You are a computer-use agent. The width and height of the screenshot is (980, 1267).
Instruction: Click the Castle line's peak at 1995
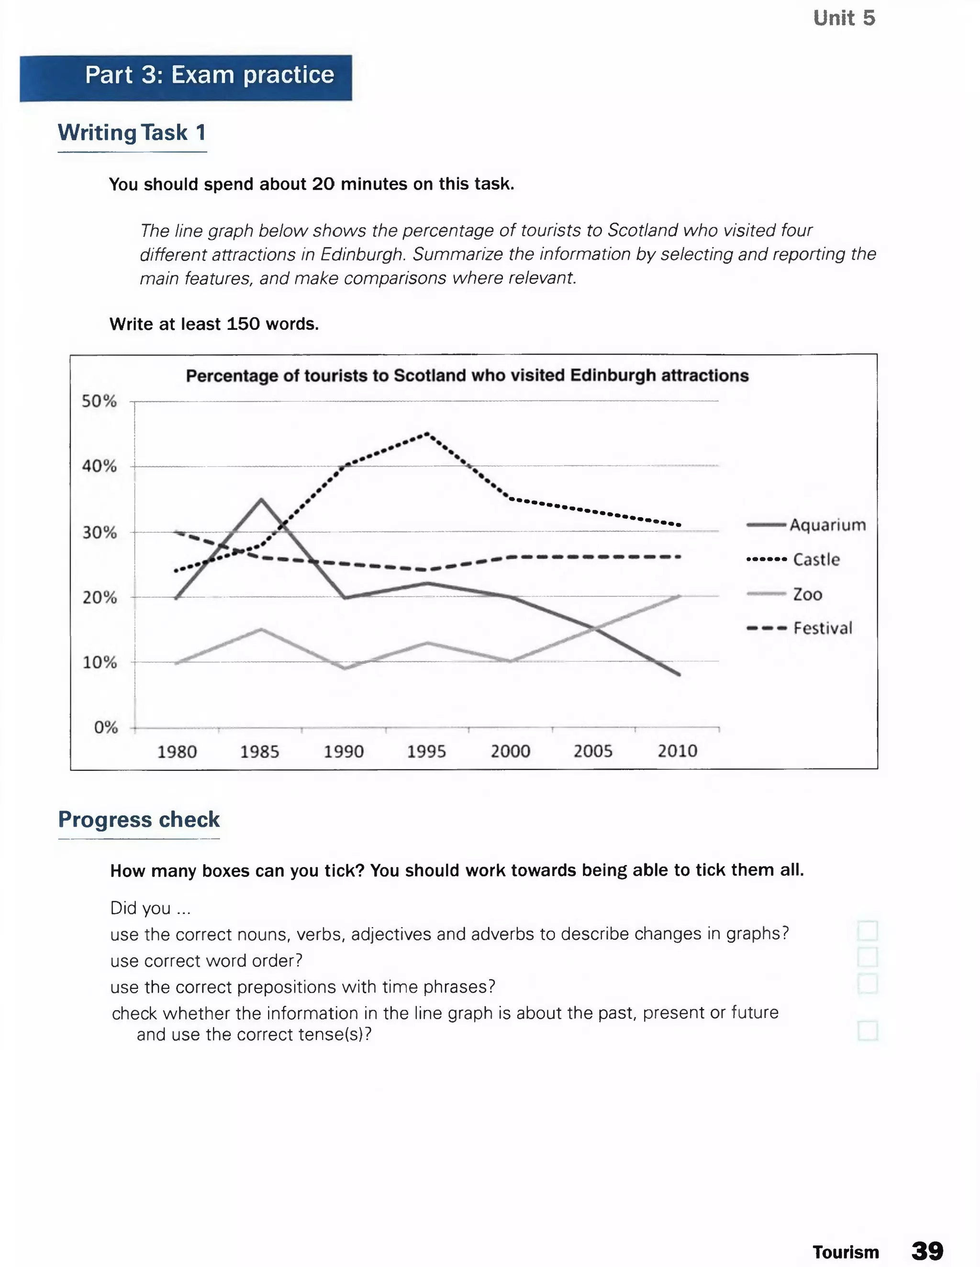coord(427,433)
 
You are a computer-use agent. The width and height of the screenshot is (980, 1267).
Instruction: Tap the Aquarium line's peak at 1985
coord(262,499)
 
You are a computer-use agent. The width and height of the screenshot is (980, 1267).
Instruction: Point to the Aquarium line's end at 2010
coord(679,675)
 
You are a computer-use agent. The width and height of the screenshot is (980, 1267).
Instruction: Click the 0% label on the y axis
coord(106,727)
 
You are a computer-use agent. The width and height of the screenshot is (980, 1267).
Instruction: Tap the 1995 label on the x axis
coord(426,751)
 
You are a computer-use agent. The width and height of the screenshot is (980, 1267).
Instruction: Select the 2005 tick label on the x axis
coord(592,751)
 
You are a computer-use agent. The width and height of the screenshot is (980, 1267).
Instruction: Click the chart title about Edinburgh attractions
coord(467,375)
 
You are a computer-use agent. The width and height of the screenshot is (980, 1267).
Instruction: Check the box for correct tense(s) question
coord(867,1030)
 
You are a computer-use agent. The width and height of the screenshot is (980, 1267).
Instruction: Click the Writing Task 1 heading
coord(132,133)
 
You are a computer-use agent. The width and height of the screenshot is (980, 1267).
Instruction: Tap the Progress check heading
coord(139,819)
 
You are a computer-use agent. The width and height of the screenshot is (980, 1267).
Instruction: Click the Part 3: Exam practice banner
coord(186,78)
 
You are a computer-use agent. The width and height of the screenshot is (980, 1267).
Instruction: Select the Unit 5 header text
coord(844,18)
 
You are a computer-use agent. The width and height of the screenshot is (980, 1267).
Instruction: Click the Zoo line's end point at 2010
coord(679,596)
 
